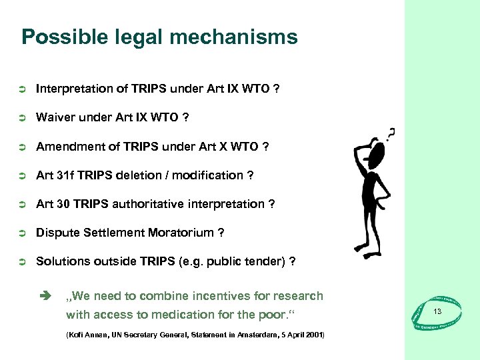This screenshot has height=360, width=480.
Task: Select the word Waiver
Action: (x=55, y=117)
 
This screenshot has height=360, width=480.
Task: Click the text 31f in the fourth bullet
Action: (x=67, y=175)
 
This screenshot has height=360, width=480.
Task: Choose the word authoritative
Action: (x=149, y=204)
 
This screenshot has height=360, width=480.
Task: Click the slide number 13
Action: (x=437, y=312)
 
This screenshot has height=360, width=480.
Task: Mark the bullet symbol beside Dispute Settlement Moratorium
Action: (x=21, y=233)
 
